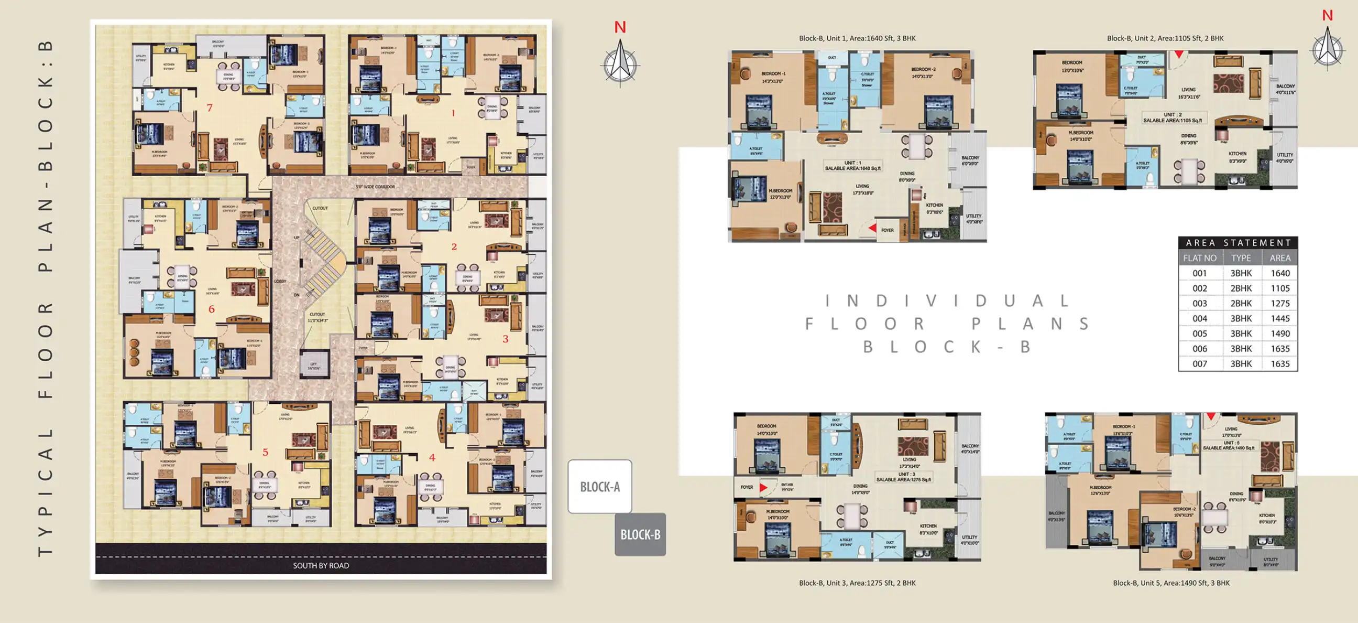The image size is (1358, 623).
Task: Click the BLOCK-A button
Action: click(x=599, y=486)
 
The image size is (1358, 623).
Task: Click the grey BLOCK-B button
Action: click(x=640, y=534)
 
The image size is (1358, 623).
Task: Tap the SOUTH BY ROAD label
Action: click(x=321, y=565)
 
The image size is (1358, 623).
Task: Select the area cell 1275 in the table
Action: click(x=1279, y=303)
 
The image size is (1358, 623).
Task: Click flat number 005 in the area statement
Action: click(x=1199, y=334)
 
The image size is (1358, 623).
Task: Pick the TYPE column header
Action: click(x=1241, y=258)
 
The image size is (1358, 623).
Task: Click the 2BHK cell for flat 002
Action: click(x=1241, y=288)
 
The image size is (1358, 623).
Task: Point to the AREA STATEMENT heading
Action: click(x=1238, y=243)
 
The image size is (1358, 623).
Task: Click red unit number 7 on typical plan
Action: click(x=209, y=108)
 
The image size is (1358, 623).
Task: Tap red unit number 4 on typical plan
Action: click(x=432, y=457)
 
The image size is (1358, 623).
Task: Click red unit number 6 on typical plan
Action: click(x=211, y=309)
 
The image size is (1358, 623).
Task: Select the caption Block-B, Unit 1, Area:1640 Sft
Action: click(x=857, y=38)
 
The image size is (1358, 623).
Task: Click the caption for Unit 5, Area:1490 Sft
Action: click(x=1171, y=583)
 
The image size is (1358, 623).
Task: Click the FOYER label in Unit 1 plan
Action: click(x=887, y=231)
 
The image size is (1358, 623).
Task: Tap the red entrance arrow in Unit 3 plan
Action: click(x=763, y=487)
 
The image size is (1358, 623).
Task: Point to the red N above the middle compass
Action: click(x=620, y=27)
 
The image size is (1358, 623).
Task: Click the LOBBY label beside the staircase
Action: click(x=280, y=281)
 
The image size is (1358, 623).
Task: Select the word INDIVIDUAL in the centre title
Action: click(x=947, y=300)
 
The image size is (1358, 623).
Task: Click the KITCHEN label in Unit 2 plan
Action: click(x=1237, y=154)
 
